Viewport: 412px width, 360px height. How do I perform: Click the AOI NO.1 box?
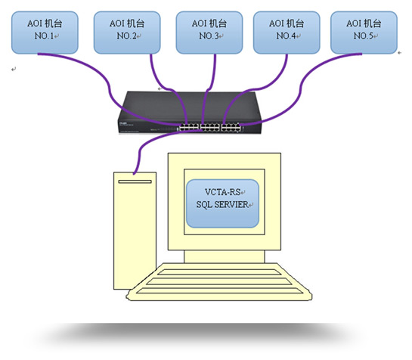click(x=45, y=33)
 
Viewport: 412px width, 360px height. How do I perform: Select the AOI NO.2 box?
click(x=127, y=33)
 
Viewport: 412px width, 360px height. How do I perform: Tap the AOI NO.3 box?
click(x=209, y=33)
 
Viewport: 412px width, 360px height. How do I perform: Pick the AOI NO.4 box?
click(x=287, y=33)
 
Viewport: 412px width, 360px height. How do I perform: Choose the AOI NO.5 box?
click(x=364, y=33)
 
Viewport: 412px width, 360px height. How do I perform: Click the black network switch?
click(x=190, y=112)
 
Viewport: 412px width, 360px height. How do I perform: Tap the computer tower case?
click(x=135, y=231)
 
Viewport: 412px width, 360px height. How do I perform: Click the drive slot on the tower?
click(x=135, y=182)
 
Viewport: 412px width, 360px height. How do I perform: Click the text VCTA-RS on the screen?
click(x=222, y=192)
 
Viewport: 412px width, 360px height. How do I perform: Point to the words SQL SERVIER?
click(x=222, y=204)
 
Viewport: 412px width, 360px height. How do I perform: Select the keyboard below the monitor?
click(x=219, y=282)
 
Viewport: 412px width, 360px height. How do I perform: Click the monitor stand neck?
click(x=225, y=256)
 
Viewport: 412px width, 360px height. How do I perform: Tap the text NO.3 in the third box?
click(x=209, y=36)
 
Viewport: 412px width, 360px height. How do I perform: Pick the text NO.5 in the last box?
click(x=363, y=36)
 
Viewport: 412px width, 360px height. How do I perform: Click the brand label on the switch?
click(x=123, y=123)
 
